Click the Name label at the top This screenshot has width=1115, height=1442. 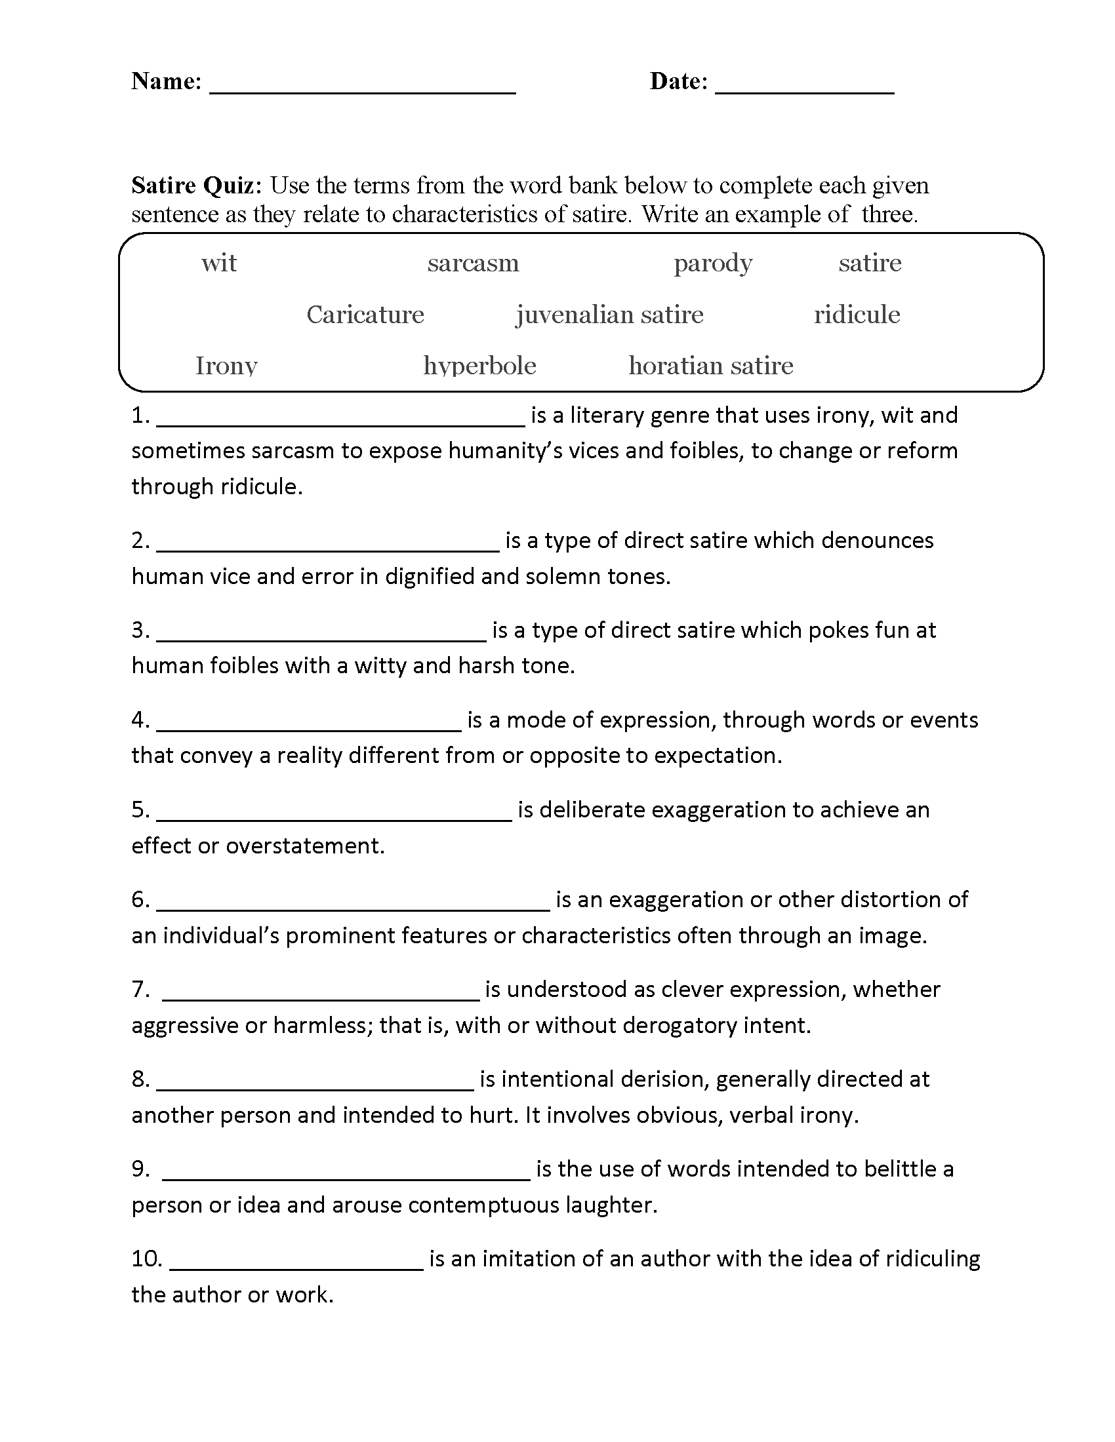click(166, 81)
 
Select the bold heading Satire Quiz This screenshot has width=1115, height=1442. click(196, 185)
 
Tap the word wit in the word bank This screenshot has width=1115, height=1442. click(218, 263)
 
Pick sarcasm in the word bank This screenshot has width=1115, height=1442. click(473, 263)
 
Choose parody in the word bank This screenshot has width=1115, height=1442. click(713, 263)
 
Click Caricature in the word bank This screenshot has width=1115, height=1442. click(365, 314)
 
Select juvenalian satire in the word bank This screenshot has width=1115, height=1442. click(610, 314)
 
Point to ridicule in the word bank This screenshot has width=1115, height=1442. click(857, 314)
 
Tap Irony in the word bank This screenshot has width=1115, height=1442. click(226, 365)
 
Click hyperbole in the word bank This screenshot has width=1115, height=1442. click(479, 365)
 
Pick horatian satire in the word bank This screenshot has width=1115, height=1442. click(711, 365)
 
